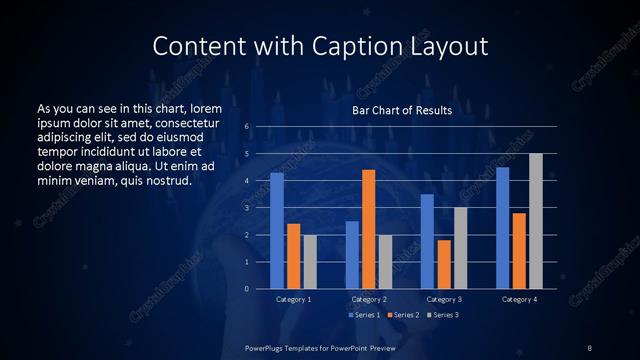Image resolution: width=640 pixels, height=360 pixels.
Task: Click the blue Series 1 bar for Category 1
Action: [277, 230]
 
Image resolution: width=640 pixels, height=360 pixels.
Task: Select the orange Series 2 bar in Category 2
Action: [369, 229]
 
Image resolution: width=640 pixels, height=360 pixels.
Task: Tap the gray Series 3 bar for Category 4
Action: [536, 221]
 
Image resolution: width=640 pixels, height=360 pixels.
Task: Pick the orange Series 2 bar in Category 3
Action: [444, 264]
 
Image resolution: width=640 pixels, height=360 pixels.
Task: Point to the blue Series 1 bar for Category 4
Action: [502, 228]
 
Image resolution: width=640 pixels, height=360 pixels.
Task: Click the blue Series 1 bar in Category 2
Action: [352, 255]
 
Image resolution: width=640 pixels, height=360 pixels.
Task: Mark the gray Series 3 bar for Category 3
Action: [460, 248]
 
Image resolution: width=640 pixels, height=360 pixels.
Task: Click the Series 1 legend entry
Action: [363, 315]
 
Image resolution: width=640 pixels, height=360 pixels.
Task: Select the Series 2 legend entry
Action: [402, 315]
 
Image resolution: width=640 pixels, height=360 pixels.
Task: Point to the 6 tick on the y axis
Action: [246, 127]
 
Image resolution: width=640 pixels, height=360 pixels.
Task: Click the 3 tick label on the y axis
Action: [246, 208]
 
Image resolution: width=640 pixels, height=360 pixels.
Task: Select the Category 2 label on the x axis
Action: [368, 299]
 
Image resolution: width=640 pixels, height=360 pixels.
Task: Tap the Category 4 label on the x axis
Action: [518, 299]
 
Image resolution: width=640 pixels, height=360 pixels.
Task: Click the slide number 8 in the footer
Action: [590, 347]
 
